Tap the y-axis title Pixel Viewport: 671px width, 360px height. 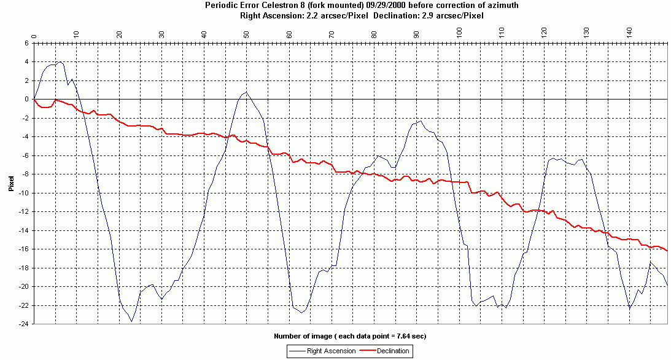click(11, 182)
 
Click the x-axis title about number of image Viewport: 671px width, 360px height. click(349, 337)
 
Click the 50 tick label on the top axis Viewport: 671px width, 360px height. click(246, 32)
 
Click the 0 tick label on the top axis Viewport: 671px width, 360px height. click(34, 35)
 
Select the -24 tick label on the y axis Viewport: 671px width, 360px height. click(23, 324)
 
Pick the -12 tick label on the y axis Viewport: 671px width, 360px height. click(23, 211)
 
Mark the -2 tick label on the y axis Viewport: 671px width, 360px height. click(25, 118)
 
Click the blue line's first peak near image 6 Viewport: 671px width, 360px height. click(60, 62)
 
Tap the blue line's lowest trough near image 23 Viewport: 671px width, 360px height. click(131, 321)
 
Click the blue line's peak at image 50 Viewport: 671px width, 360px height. click(246, 92)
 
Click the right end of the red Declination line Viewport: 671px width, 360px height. click(667, 251)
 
